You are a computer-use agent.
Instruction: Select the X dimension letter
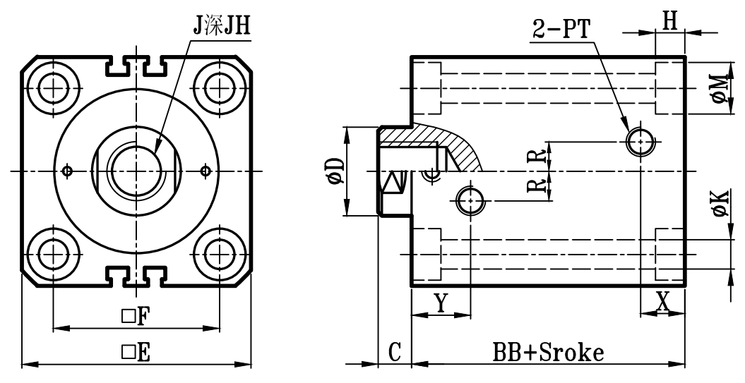tap(662, 301)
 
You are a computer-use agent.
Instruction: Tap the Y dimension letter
tap(440, 301)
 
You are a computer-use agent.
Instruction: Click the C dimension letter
tap(395, 351)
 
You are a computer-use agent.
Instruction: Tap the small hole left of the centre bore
tap(68, 170)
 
